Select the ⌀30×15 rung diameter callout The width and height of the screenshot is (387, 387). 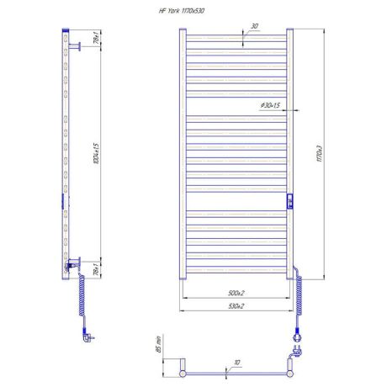(x=271, y=105)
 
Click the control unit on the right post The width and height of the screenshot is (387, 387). (x=289, y=202)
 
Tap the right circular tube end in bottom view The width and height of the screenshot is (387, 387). (x=291, y=367)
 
